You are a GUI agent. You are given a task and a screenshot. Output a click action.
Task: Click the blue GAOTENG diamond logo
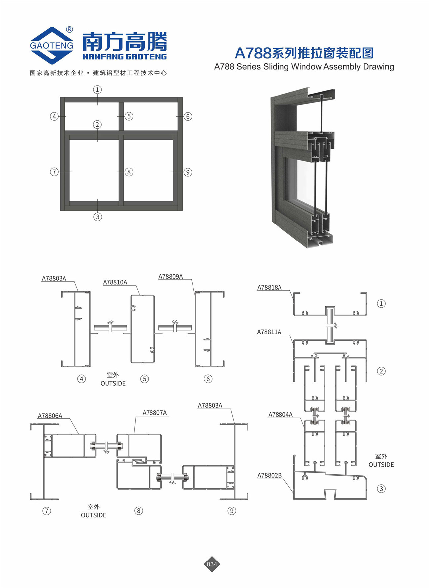coord(52,46)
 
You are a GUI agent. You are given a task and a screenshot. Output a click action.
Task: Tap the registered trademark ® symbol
coord(69,30)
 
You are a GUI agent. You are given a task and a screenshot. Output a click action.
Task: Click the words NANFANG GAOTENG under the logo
coord(125,57)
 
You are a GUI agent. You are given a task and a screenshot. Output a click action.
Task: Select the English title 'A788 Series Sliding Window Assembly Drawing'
coord(304,67)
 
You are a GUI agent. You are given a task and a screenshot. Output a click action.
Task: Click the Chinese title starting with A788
coord(304,53)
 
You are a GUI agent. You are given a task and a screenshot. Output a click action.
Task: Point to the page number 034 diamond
coord(212,564)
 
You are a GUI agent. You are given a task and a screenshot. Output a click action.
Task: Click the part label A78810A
coord(115,282)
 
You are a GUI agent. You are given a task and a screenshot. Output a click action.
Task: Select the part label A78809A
coord(171,277)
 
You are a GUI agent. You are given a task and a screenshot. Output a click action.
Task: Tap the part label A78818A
coord(270,288)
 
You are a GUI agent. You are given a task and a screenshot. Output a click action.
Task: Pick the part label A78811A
coord(269,332)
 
